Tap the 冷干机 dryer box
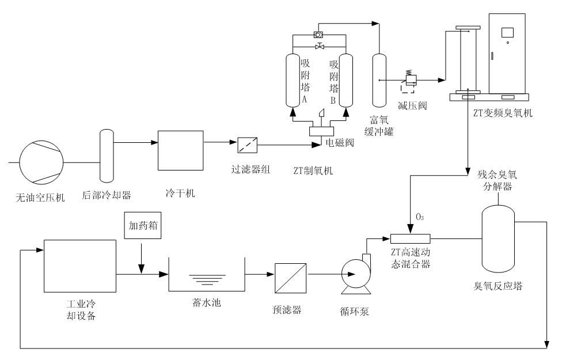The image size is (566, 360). click(x=180, y=150)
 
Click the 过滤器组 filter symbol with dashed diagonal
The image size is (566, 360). click(x=248, y=144)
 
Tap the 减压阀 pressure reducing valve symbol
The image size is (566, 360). click(x=410, y=81)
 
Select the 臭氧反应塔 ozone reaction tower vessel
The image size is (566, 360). click(x=498, y=238)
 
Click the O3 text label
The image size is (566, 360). click(x=421, y=218)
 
